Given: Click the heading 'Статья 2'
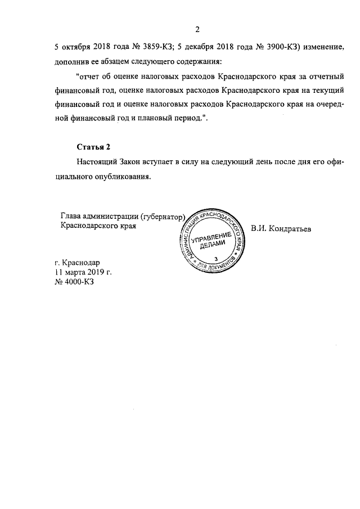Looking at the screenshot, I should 93,147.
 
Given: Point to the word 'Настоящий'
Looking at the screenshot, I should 96,161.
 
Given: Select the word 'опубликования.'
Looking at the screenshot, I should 124,176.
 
